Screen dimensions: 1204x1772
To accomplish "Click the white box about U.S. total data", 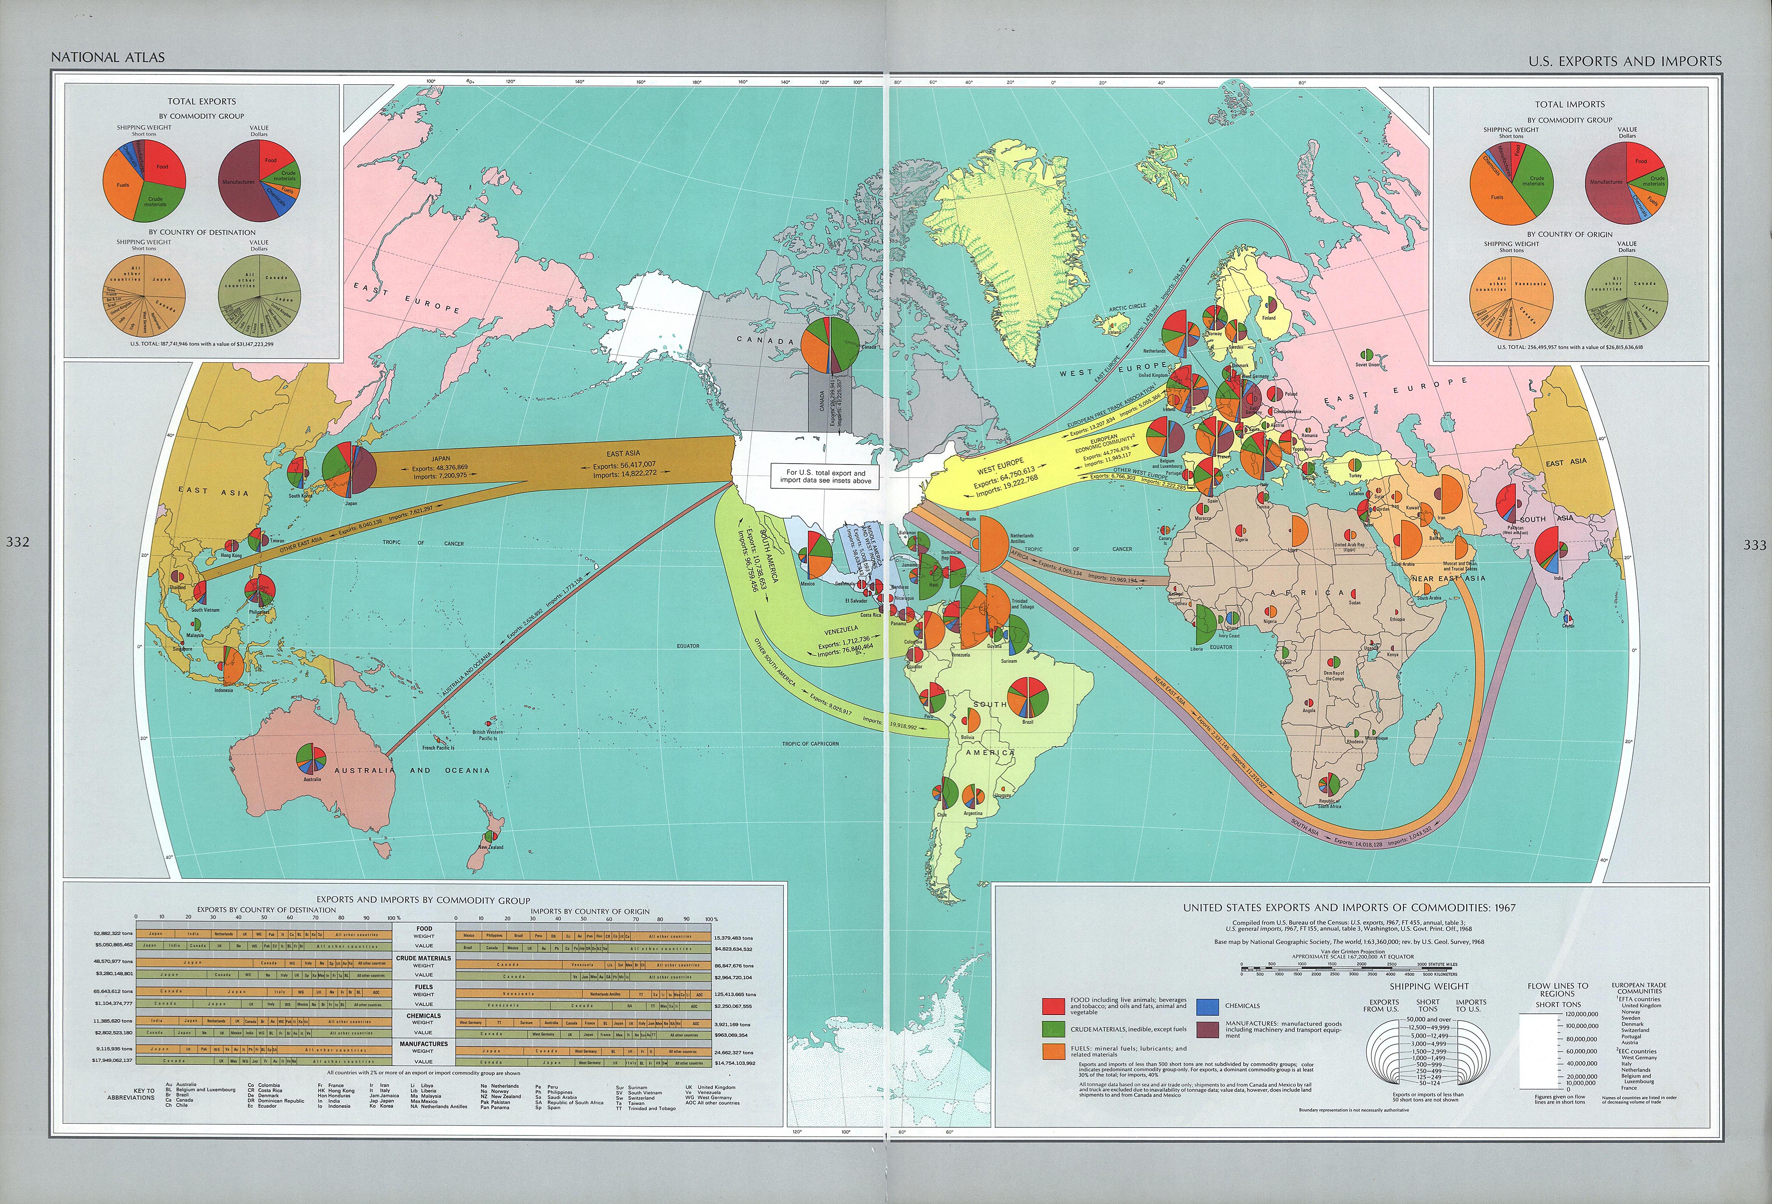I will pos(826,476).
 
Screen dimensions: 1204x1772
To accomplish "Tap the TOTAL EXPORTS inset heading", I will pos(202,101).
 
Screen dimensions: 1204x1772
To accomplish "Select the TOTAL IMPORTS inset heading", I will pos(1569,104).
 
